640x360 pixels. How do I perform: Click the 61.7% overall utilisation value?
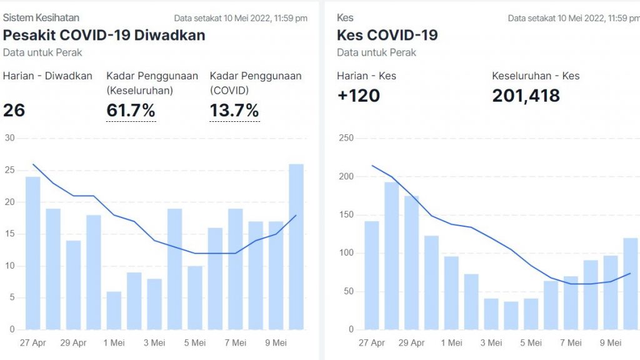click(x=131, y=111)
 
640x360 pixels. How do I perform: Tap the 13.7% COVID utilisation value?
click(x=234, y=111)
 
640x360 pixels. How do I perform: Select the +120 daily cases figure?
click(x=358, y=96)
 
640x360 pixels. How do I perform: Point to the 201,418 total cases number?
click(x=526, y=96)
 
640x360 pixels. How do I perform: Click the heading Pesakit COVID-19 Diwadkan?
click(x=104, y=35)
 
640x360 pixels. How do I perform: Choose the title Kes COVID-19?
click(x=387, y=35)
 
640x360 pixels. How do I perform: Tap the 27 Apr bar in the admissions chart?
click(x=33, y=253)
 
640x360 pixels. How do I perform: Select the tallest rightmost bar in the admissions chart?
click(x=296, y=247)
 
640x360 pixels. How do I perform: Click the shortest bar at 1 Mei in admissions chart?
click(x=114, y=310)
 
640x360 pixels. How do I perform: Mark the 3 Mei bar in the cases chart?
click(x=491, y=314)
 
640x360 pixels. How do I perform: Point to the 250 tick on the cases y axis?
click(x=346, y=138)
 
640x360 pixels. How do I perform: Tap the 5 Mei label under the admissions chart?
click(x=195, y=342)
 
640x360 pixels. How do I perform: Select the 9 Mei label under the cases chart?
click(x=611, y=342)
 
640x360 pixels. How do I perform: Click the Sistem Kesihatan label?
click(x=41, y=17)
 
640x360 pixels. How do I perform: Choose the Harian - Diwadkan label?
click(x=47, y=76)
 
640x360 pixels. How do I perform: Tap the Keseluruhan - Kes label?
click(x=536, y=76)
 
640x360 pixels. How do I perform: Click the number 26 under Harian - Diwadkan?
click(x=14, y=111)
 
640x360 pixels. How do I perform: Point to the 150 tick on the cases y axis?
click(x=346, y=214)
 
